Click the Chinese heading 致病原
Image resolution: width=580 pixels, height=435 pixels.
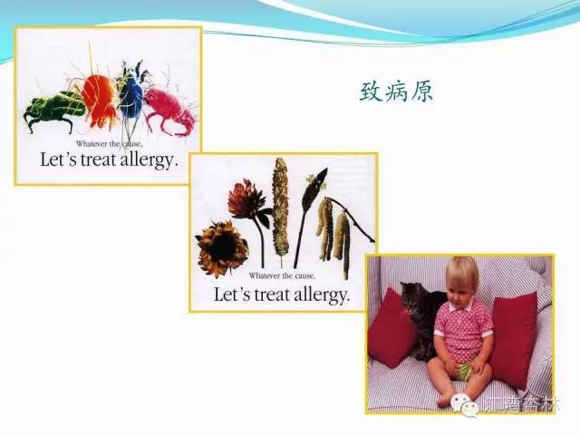pos(396,92)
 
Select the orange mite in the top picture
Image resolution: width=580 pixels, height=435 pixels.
pos(99,98)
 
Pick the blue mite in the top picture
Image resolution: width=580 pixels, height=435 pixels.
pos(130,93)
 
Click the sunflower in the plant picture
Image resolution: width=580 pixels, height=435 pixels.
pos(222,247)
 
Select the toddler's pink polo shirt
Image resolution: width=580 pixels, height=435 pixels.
pos(463,329)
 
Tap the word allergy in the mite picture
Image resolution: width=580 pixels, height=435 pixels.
pos(146,162)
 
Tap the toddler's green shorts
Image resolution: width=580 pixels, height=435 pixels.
pos(464,371)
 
